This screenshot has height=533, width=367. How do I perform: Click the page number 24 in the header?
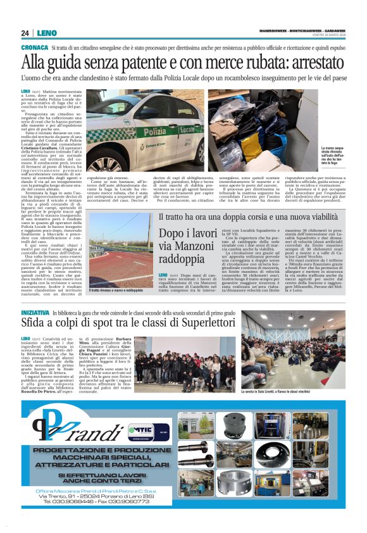point(25,33)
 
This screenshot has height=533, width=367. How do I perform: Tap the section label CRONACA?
point(34,47)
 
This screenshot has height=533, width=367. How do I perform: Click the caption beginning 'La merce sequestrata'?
point(333,155)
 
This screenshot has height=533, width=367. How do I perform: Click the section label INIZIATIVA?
point(35,313)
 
